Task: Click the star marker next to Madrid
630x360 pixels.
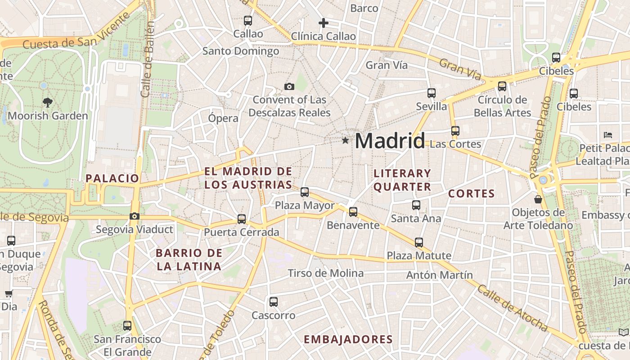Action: (x=345, y=140)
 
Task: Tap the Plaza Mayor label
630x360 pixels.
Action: (x=305, y=206)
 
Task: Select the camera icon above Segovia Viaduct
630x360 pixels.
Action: (x=134, y=216)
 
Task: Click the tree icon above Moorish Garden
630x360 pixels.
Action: (x=47, y=103)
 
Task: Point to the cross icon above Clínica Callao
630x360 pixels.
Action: (x=323, y=23)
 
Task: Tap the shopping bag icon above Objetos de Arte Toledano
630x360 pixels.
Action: (x=538, y=199)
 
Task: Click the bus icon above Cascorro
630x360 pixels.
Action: (x=273, y=302)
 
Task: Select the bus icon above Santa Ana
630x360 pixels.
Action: (x=416, y=205)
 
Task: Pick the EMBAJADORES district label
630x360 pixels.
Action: (x=348, y=339)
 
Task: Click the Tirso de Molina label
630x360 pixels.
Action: (x=325, y=273)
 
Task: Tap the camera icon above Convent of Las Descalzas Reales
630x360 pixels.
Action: (x=289, y=86)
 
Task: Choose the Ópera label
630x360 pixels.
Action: (x=223, y=118)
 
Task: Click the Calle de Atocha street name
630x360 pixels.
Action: (x=512, y=309)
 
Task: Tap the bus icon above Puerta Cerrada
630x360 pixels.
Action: (x=242, y=219)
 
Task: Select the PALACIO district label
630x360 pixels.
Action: (x=112, y=178)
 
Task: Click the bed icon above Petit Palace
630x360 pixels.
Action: (x=607, y=135)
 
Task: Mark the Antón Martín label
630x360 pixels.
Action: (x=439, y=275)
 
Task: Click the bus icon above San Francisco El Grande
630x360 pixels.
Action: (x=127, y=326)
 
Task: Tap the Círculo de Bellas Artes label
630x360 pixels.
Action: (x=502, y=106)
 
